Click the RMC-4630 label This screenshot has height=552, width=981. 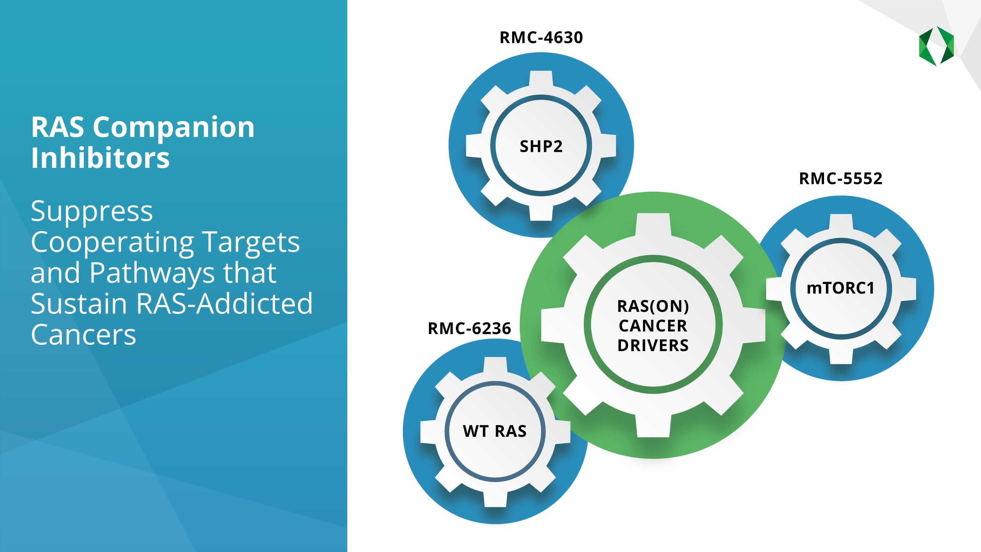[541, 38]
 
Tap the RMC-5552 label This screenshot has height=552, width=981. [840, 179]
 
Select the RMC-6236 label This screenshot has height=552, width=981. [469, 329]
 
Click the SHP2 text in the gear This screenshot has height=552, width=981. [541, 146]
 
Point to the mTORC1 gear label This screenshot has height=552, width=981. [840, 288]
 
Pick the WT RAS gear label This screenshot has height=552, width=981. [495, 431]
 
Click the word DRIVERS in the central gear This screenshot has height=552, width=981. [653, 346]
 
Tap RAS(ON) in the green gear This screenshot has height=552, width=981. [653, 306]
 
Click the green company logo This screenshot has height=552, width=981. [937, 46]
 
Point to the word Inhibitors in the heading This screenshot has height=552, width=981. [100, 158]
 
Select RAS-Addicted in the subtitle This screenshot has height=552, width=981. [224, 304]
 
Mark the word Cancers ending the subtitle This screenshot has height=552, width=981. [83, 335]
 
